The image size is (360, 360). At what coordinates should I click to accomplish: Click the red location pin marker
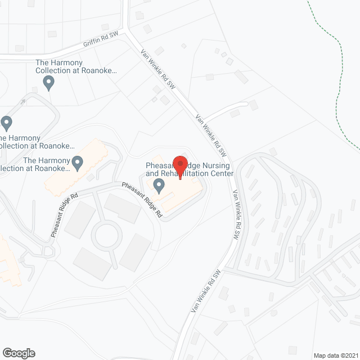pyautogui.click(x=180, y=164)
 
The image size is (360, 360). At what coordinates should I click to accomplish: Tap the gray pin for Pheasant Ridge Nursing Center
pyautogui.click(x=159, y=184)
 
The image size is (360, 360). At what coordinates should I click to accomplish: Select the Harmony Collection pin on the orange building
pyautogui.click(x=78, y=164)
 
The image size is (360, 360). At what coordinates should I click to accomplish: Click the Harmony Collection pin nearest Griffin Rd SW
pyautogui.click(x=48, y=83)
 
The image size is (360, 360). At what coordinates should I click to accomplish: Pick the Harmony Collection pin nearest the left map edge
pyautogui.click(x=7, y=122)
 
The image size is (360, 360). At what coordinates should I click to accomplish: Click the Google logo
pyautogui.click(x=18, y=353)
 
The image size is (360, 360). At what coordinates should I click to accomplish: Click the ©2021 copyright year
pyautogui.click(x=349, y=355)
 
